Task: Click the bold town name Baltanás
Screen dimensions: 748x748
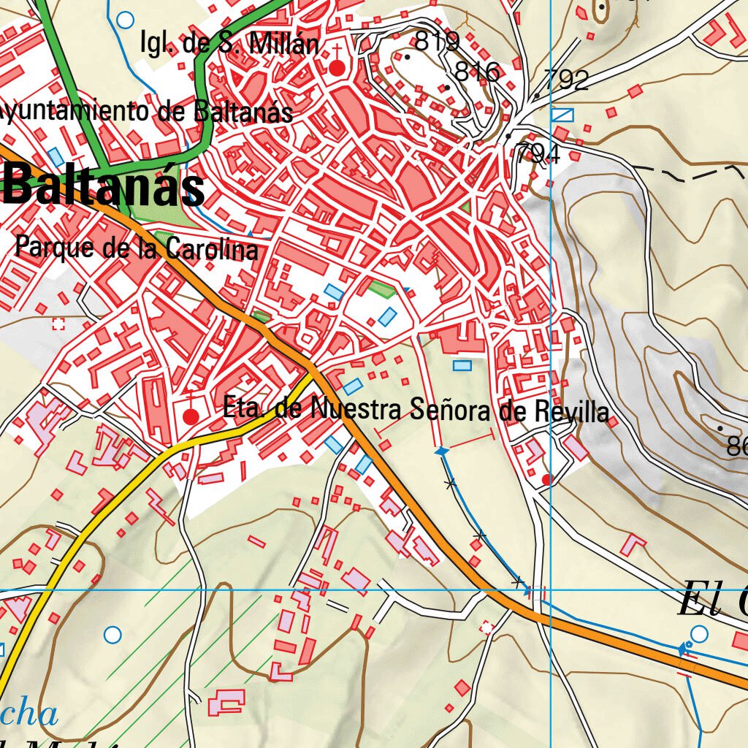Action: pyautogui.click(x=104, y=186)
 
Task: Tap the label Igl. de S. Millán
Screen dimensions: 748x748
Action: pyautogui.click(x=229, y=44)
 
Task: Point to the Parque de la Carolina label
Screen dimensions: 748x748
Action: pyautogui.click(x=137, y=248)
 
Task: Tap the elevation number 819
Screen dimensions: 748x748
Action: pyautogui.click(x=436, y=41)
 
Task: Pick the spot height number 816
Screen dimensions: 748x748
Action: pyautogui.click(x=477, y=72)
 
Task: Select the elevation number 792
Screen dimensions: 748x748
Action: pyautogui.click(x=566, y=80)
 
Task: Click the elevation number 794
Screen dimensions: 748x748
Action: pyautogui.click(x=537, y=153)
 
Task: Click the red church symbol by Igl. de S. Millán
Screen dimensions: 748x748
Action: pyautogui.click(x=337, y=68)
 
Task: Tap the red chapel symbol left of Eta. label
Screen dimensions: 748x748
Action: pyautogui.click(x=191, y=416)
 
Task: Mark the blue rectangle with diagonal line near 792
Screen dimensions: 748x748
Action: pyautogui.click(x=562, y=115)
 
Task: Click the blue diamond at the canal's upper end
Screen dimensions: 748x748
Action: pyautogui.click(x=440, y=453)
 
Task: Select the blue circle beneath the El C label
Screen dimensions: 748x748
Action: pyautogui.click(x=699, y=633)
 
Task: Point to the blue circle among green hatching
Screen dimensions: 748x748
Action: pyautogui.click(x=112, y=635)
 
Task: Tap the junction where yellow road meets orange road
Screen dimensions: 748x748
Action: pyautogui.click(x=313, y=375)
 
